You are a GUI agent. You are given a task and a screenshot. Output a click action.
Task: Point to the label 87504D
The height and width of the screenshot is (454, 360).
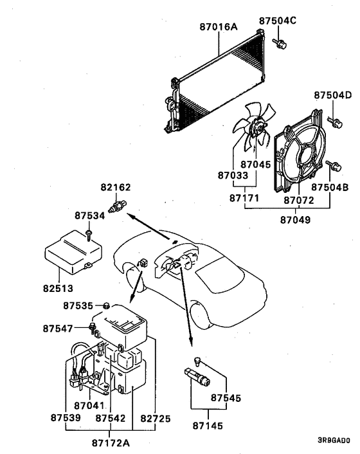(332, 95)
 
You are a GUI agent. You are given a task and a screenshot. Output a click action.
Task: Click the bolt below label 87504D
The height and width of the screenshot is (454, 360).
(334, 120)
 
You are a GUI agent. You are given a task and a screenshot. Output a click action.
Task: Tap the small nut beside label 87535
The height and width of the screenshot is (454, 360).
(107, 304)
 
